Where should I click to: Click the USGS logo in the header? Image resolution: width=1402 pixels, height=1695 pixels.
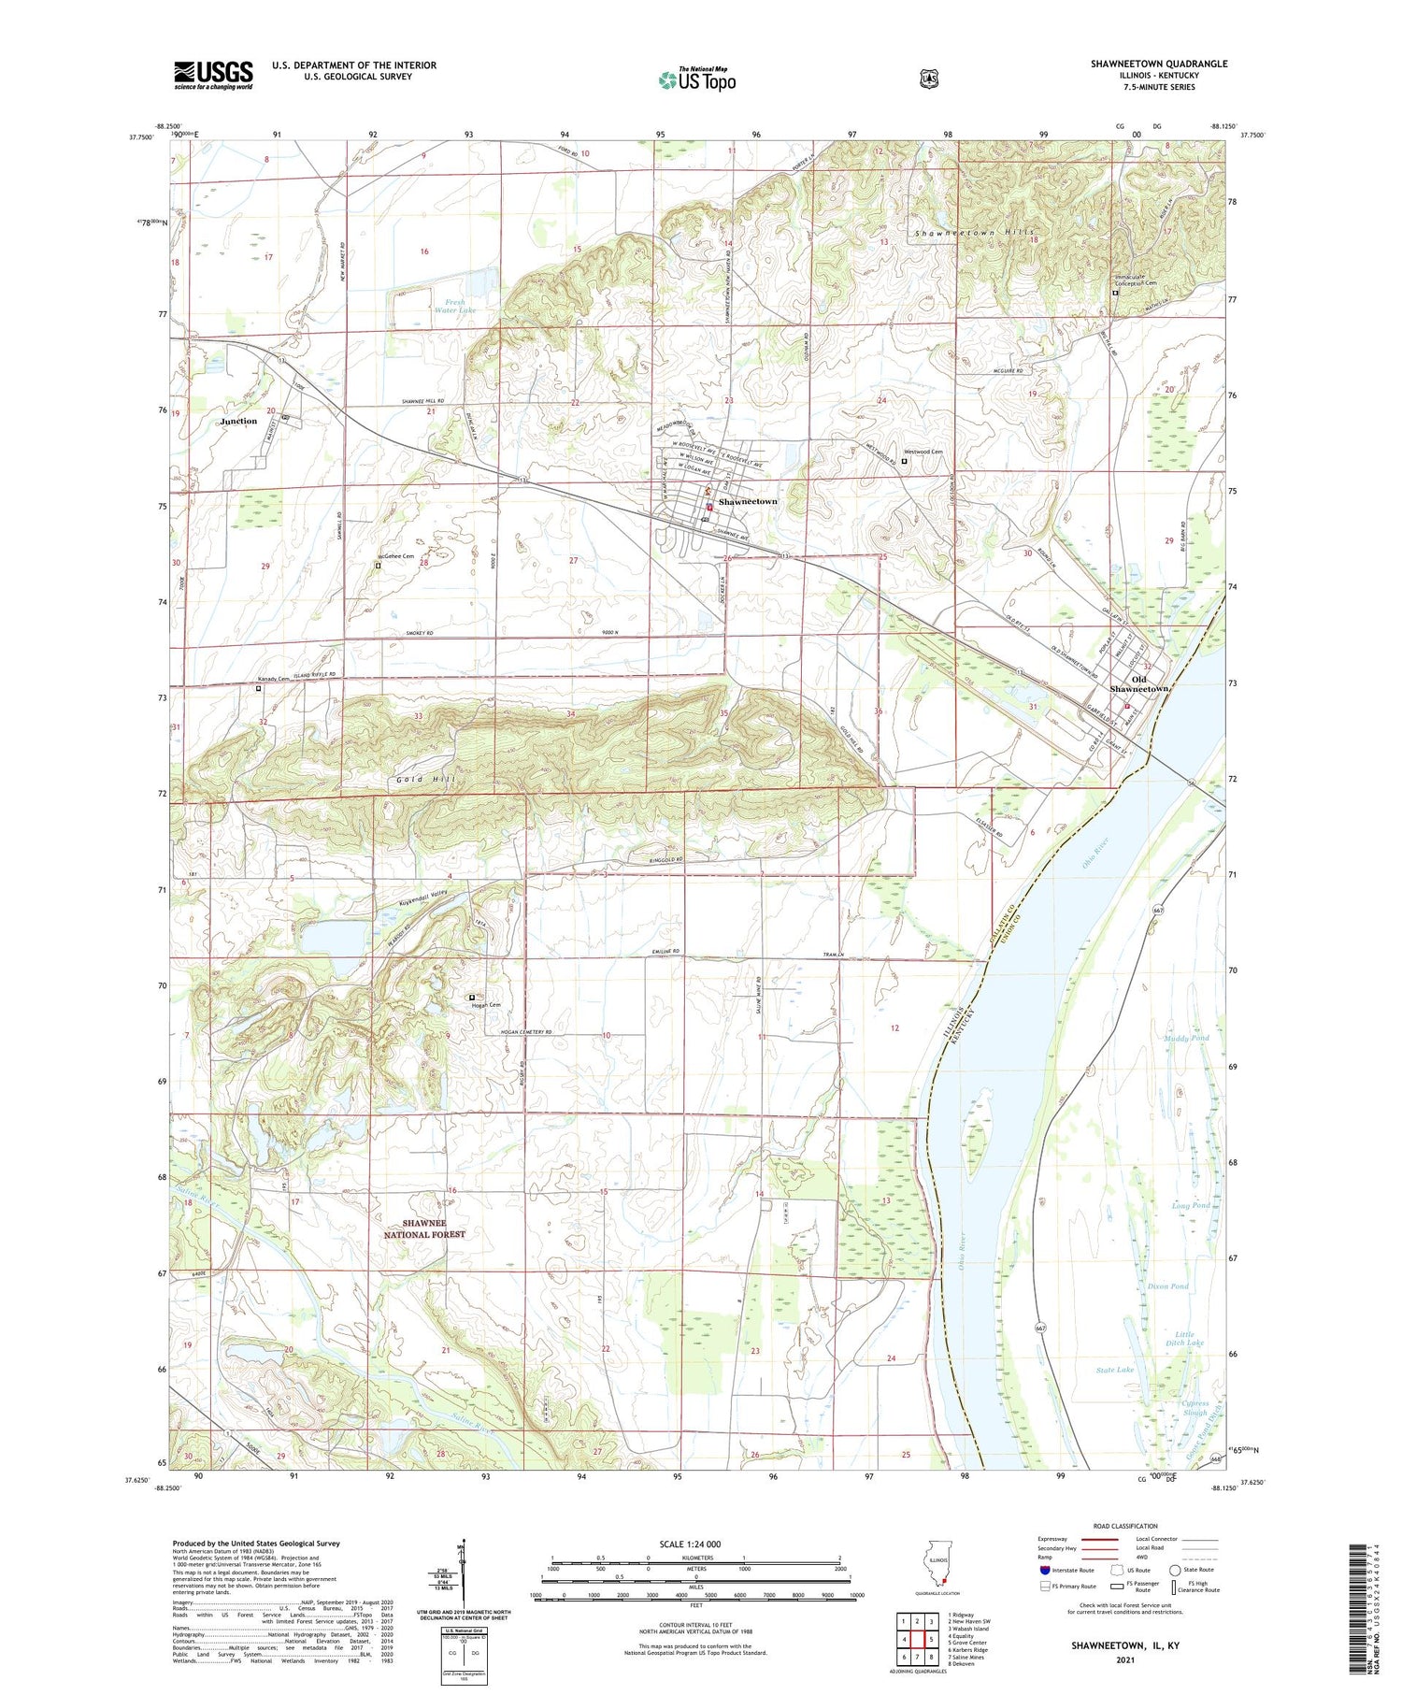(x=213, y=75)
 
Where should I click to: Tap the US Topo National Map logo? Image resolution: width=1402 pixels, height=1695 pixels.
(x=696, y=79)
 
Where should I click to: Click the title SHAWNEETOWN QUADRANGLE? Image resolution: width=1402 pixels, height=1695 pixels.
(x=1158, y=64)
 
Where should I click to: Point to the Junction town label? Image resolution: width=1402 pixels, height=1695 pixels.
(x=238, y=422)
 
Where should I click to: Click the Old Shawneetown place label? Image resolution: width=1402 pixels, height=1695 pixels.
(x=1138, y=684)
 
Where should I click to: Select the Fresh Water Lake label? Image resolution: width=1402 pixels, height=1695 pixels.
(x=454, y=305)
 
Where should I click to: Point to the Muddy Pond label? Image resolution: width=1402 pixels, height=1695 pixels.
(x=1186, y=1039)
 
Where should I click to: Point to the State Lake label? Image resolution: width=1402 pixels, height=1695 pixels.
(x=1114, y=1370)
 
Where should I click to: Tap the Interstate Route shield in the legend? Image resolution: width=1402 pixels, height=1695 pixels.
(x=1044, y=1570)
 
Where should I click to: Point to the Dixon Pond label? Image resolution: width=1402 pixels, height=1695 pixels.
(x=1167, y=1286)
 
